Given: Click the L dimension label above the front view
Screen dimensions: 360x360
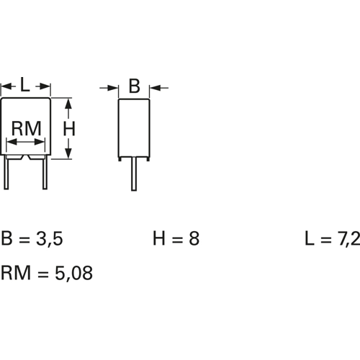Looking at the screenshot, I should pos(24,85).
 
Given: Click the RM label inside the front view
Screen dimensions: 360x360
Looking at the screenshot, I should pos(27,129).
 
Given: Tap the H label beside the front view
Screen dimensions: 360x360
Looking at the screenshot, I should pos(70,128).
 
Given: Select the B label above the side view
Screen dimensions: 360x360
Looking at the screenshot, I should pos(134,87).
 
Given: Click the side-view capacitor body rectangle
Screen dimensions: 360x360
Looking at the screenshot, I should pos(134,127).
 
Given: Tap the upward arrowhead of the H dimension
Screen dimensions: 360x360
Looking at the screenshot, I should pos(69,105).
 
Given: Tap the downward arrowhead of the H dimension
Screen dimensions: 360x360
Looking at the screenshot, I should pos(69,152).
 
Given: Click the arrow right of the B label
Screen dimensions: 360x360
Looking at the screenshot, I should pos(156,88).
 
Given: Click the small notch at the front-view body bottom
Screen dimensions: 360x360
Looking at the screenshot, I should pos(26,156).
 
